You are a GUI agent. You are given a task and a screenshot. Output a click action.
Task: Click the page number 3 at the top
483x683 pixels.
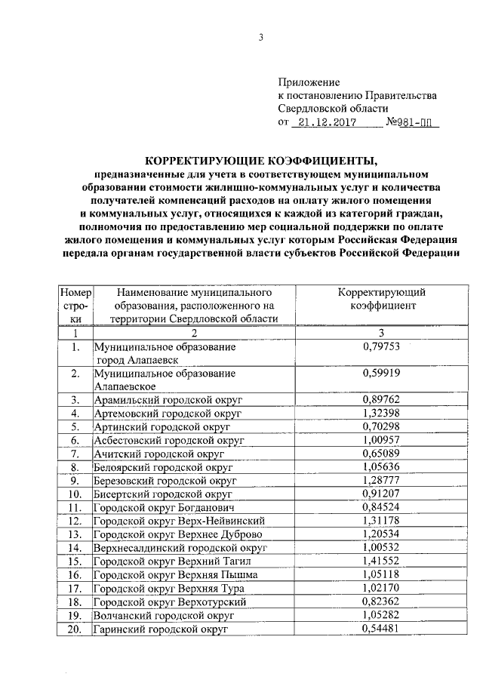(x=260, y=40)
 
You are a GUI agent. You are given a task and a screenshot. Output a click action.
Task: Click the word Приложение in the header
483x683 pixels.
(x=309, y=82)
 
